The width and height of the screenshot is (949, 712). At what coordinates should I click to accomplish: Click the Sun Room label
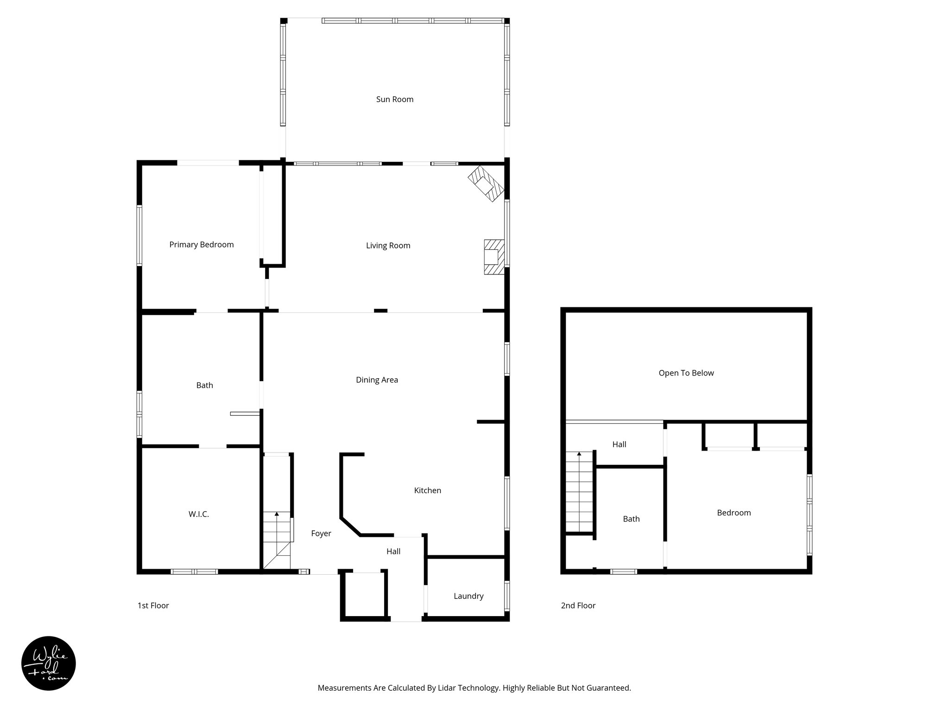click(394, 99)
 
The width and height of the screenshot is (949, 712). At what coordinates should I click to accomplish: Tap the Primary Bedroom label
click(201, 245)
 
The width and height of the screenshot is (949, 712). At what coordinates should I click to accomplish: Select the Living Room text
click(388, 246)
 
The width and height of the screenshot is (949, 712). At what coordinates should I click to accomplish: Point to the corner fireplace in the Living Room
click(486, 184)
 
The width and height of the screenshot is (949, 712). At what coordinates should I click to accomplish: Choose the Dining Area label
click(377, 380)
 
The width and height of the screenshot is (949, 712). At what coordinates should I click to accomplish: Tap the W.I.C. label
click(198, 514)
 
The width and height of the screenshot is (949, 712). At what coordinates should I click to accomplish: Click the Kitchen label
click(427, 490)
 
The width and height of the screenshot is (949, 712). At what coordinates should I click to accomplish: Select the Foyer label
click(321, 534)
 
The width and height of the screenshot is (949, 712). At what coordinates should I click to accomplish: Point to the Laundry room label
click(468, 596)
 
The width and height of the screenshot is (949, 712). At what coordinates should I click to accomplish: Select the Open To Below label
click(686, 373)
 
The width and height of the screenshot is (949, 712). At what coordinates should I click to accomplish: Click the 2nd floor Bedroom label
click(734, 513)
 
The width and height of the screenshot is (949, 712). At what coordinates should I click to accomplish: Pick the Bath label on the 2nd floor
click(631, 519)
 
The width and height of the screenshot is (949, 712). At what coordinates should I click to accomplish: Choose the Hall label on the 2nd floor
click(619, 445)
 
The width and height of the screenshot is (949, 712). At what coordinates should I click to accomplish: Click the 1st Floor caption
click(153, 605)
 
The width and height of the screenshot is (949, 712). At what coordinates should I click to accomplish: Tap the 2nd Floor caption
click(578, 605)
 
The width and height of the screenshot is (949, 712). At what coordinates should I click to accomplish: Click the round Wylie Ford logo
click(49, 663)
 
